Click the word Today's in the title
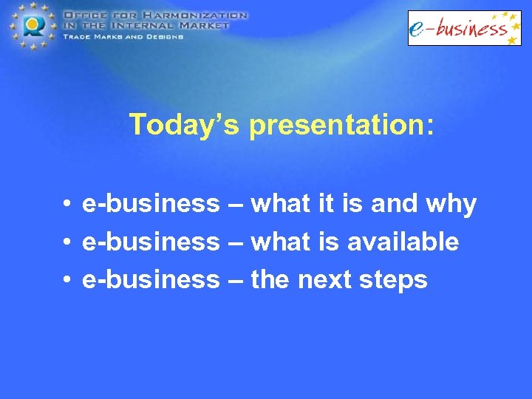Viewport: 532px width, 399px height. click(184, 125)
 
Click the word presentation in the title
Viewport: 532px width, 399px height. click(337, 125)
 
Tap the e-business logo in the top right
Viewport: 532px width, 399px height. click(464, 28)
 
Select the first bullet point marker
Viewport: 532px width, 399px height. click(66, 204)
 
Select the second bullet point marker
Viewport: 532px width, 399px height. click(66, 242)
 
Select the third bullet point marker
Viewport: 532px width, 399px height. click(66, 281)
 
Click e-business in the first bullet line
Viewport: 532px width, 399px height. click(151, 203)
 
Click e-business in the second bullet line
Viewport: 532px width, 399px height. click(151, 242)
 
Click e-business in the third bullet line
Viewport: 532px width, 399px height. click(151, 280)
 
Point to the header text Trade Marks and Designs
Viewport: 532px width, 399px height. click(123, 35)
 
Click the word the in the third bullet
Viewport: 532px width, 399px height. click(270, 280)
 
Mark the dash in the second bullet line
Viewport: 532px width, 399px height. click(235, 242)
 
